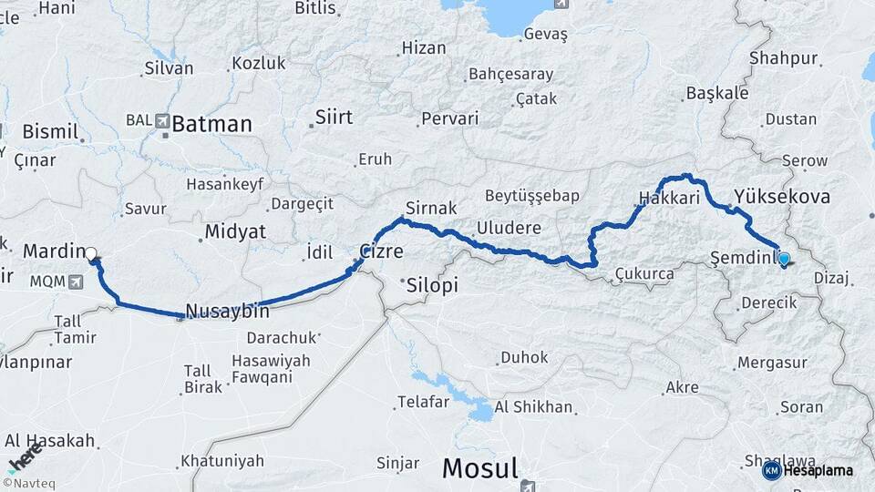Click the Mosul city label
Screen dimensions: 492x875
(479, 469)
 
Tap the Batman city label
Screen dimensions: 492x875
(211, 124)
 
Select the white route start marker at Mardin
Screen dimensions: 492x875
(91, 254)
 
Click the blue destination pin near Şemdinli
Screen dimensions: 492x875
(783, 260)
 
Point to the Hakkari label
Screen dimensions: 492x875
(669, 198)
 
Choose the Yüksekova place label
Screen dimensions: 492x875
(781, 197)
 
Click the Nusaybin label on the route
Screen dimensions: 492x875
(227, 312)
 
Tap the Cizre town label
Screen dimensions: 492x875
(381, 251)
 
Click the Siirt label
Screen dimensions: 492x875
(334, 118)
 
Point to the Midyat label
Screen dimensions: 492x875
(234, 231)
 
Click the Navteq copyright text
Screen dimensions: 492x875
(28, 484)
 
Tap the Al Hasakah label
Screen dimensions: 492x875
(49, 441)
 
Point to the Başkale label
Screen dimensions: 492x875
(716, 93)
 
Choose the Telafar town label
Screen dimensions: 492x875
(424, 402)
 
